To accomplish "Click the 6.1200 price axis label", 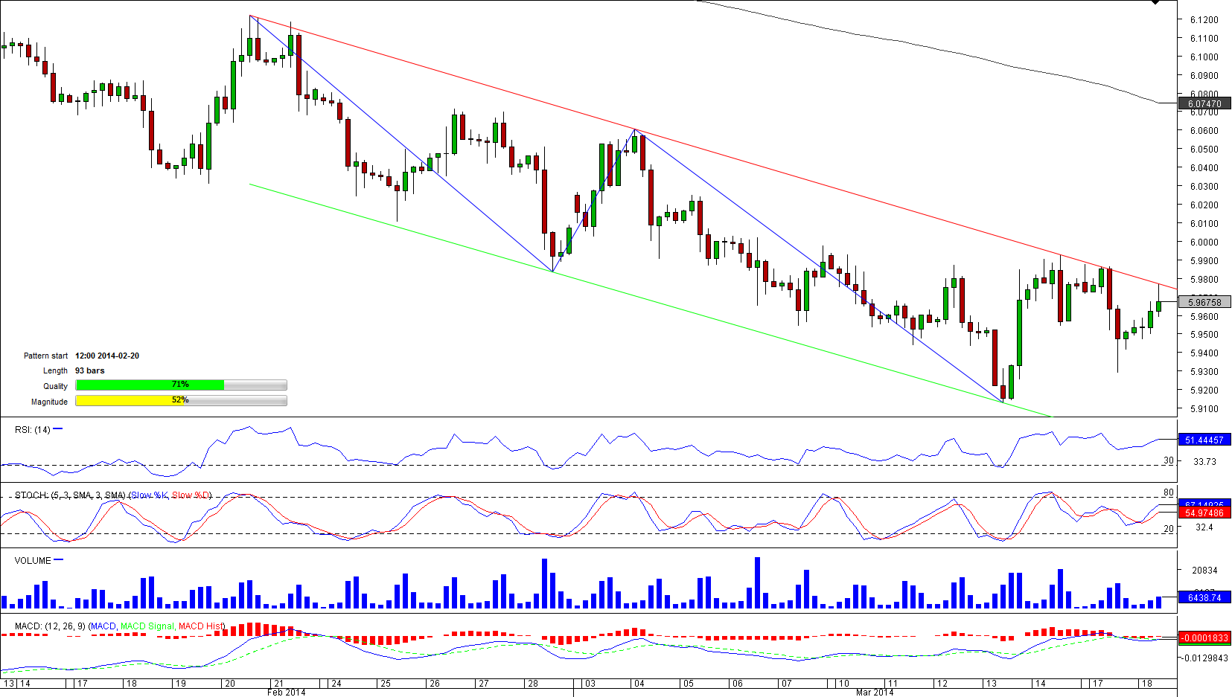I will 1204,20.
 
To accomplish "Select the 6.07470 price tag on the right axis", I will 1204,104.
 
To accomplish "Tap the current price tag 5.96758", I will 1204,302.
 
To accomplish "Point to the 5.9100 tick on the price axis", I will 1204,409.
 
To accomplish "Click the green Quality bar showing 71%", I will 150,385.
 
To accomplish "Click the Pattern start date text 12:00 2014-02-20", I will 107,356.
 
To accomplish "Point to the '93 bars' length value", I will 90,370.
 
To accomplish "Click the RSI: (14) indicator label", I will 33,430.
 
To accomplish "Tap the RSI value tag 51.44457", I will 1204,440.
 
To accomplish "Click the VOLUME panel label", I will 33,561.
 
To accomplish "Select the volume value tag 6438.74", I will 1204,598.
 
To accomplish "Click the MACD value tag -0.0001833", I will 1204,638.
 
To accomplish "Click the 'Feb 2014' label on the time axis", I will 286,693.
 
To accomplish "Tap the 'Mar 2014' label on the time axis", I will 874,693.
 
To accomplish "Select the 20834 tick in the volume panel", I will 1204,571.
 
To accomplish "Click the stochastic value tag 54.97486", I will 1204,513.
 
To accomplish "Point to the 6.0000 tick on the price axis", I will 1204,242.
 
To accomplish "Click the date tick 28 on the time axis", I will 533,683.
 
